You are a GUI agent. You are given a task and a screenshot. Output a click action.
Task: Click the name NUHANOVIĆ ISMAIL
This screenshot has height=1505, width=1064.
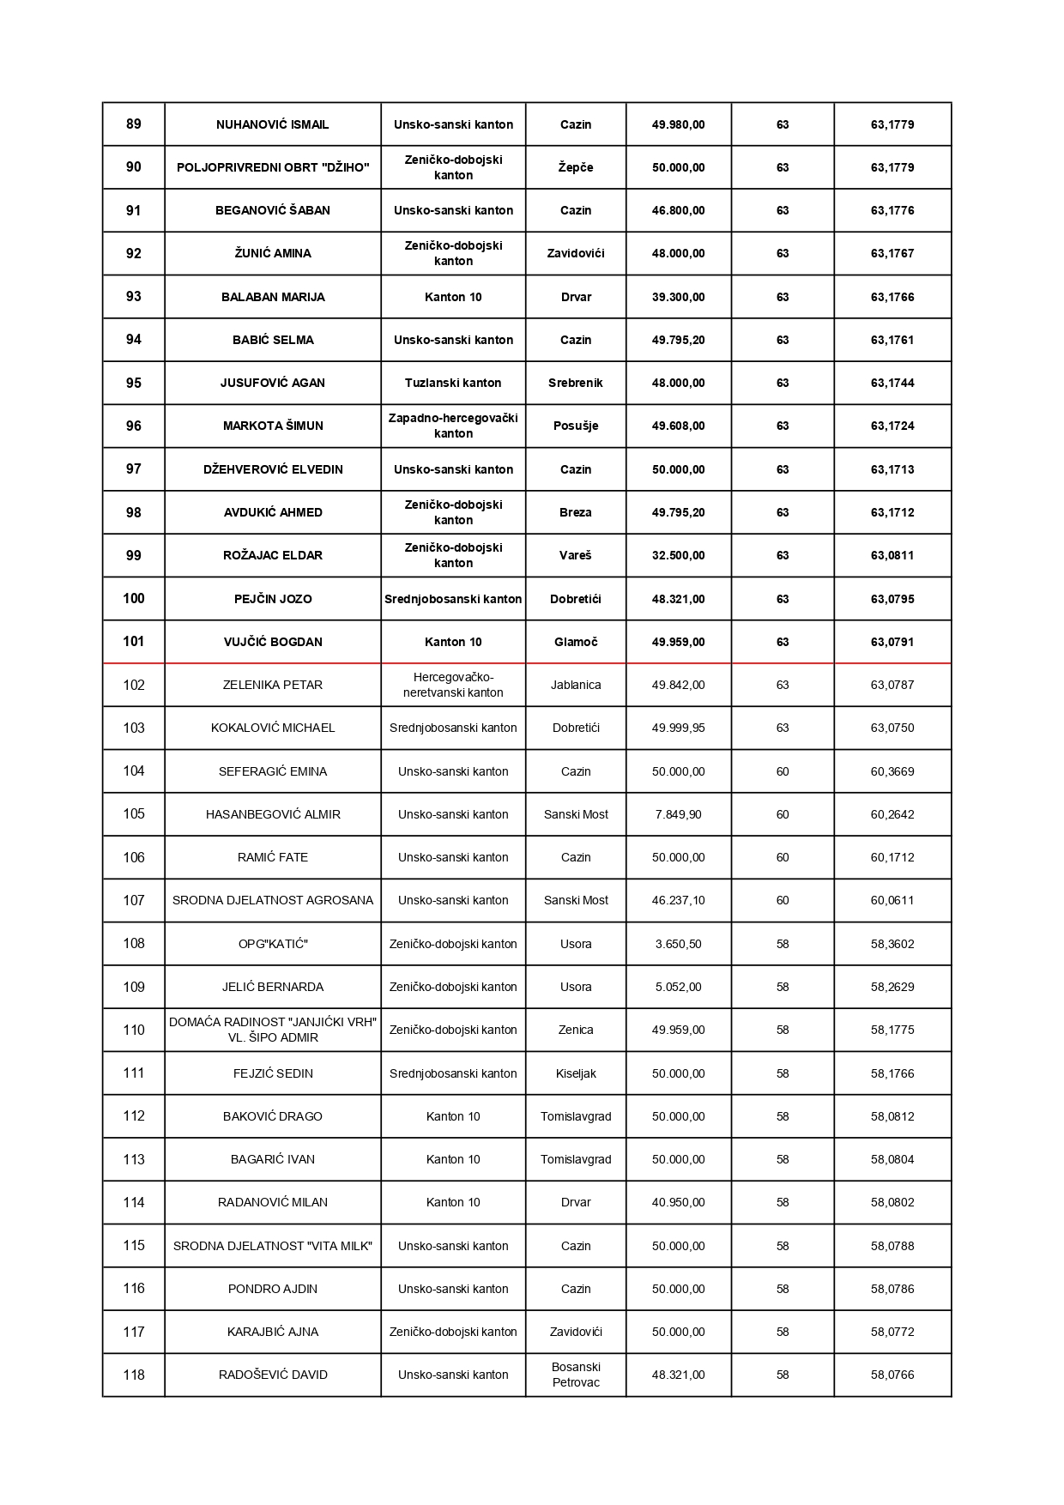pos(273,124)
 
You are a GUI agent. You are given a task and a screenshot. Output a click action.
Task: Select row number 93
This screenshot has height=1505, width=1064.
pos(134,297)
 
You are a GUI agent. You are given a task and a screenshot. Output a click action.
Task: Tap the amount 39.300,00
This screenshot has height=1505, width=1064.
pos(678,297)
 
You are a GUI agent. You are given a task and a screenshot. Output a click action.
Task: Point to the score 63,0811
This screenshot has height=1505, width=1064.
pos(892,555)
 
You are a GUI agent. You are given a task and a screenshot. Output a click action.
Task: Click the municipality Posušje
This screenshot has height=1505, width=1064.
pos(576,426)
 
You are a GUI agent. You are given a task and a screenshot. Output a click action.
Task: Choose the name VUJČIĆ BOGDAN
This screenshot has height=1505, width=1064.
pos(273,642)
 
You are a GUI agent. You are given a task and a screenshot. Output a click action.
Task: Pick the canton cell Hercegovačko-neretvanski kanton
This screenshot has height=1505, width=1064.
pos(453,685)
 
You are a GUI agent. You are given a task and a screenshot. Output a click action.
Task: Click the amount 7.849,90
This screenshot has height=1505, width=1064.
pos(678,814)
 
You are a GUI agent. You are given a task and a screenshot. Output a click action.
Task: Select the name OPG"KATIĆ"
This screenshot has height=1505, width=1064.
pos(273,944)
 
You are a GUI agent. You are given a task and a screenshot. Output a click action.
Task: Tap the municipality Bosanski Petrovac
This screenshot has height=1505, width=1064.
pos(576,1375)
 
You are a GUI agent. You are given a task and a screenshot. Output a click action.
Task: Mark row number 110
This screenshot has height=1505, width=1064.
pos(134,1030)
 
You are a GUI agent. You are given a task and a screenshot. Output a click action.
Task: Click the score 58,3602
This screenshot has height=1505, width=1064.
pos(892,944)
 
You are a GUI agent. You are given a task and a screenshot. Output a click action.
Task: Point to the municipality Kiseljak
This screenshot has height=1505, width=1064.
pos(576,1073)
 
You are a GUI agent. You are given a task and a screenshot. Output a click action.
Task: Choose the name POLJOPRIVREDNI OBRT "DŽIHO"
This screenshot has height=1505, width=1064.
pos(273,167)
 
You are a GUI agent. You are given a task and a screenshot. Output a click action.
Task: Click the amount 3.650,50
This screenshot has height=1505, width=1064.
pos(678,944)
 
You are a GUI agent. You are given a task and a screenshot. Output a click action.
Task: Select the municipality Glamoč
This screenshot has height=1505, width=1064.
pos(576,642)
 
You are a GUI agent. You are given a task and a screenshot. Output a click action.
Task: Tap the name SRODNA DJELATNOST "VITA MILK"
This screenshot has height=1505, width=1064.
pos(273,1246)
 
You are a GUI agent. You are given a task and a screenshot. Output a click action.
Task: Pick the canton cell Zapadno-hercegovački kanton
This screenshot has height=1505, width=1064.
pos(453,426)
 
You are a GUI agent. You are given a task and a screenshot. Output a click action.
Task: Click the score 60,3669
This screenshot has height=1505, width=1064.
pos(892,771)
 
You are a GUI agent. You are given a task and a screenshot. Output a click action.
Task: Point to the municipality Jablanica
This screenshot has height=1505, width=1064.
pos(576,685)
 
